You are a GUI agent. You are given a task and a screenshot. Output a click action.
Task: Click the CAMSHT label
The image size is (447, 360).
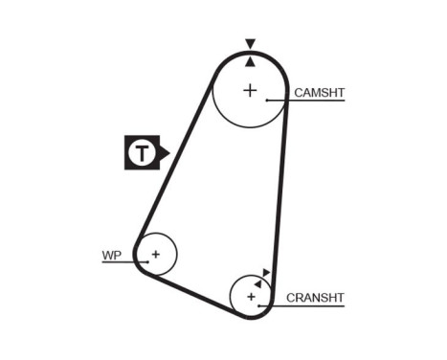319,93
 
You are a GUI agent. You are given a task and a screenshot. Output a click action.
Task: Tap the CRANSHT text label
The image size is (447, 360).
315,298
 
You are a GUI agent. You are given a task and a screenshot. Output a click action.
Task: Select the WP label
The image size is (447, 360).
112,255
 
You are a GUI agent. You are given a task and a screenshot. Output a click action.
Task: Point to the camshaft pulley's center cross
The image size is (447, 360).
250,91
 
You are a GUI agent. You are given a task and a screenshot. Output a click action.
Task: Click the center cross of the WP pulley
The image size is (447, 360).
155,255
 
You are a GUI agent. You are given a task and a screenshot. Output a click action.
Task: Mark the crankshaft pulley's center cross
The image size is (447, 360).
252,297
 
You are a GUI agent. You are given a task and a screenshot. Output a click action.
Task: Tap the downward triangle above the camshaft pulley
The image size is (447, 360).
250,44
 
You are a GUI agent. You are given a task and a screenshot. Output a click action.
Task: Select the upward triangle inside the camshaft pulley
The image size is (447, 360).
250,60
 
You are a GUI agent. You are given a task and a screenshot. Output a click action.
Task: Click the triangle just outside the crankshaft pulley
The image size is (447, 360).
266,273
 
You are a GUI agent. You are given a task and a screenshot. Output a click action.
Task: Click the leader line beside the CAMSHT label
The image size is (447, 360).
306,101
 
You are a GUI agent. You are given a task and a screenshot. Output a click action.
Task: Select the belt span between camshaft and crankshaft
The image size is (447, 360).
281,191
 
